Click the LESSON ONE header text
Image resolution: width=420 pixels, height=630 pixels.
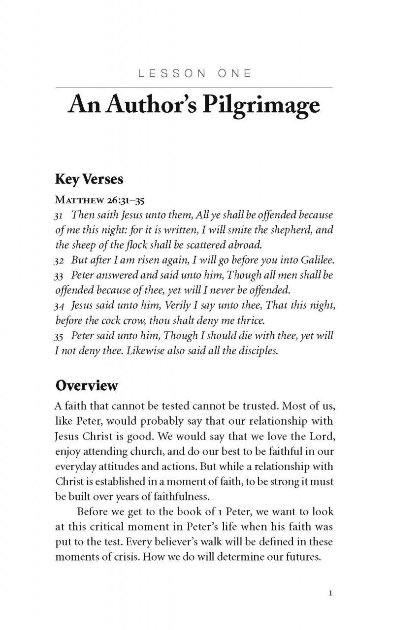click(x=194, y=74)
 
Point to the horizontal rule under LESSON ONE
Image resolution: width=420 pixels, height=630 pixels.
click(x=194, y=88)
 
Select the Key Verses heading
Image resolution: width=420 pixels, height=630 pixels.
click(x=89, y=179)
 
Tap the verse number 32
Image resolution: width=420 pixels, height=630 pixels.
click(x=60, y=261)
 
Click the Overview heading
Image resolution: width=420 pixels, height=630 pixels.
click(x=87, y=385)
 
